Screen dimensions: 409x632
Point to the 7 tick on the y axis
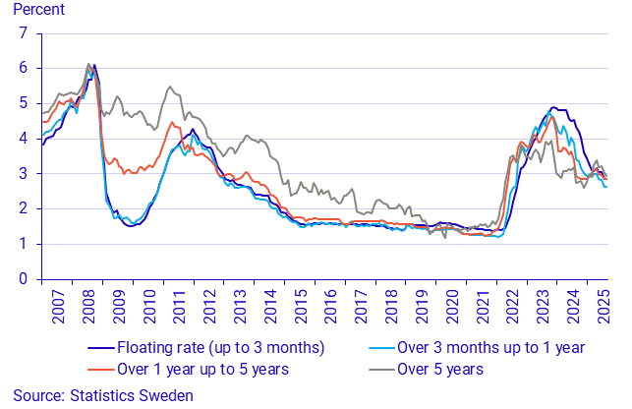click(24, 32)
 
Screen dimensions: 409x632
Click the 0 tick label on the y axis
click(24, 279)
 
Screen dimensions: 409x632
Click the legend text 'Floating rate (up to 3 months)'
click(220, 348)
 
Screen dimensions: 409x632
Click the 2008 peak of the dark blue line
click(93, 66)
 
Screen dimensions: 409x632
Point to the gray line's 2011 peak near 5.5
click(170, 87)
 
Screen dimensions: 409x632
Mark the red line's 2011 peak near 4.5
click(173, 122)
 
